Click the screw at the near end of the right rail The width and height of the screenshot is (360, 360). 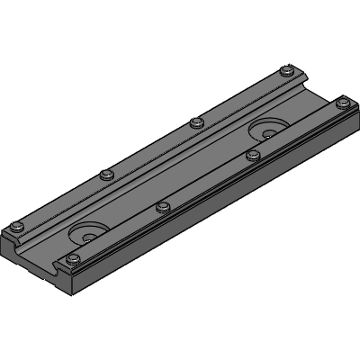(x=73, y=260)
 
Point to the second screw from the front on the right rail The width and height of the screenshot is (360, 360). (x=163, y=207)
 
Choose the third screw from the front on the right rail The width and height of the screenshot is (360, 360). (x=253, y=155)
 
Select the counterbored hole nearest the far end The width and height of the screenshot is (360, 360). (x=267, y=131)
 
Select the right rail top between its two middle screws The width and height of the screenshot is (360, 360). (x=208, y=182)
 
